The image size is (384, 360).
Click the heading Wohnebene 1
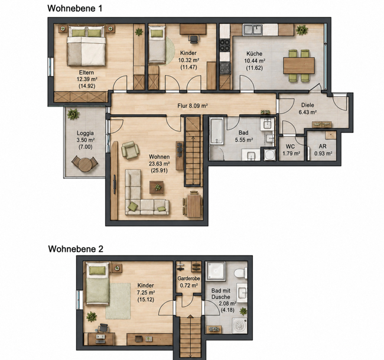pos(74,8)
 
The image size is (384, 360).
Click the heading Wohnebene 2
pos(76,249)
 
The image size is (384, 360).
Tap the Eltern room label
pos(86,73)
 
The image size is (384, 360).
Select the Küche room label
pos(255,54)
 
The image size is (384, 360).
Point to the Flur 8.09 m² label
pos(193,106)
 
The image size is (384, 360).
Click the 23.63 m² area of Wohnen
pos(160,164)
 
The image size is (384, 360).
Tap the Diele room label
pos(308,105)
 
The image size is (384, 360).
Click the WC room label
pos(290,147)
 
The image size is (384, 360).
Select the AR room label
pos(323,146)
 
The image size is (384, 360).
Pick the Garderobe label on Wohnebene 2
pos(188,278)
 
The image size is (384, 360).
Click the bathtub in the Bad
pos(216,131)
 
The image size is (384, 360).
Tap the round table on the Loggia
pos(84,165)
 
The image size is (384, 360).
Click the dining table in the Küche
pos(299,66)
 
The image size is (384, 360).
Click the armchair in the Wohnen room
pos(130,150)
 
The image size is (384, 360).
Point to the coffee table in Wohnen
pos(157,187)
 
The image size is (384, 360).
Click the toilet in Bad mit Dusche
pos(240,274)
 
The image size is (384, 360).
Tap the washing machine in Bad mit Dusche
pos(239,326)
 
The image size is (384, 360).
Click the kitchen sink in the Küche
pos(253,30)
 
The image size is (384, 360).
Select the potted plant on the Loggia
pos(73,114)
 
